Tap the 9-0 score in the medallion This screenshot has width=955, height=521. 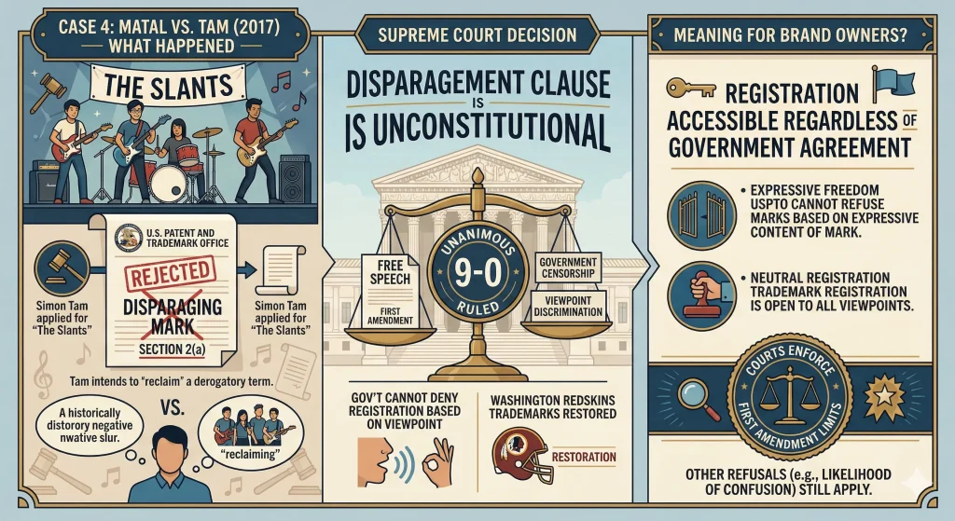click(477, 274)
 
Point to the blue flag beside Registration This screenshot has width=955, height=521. click(893, 84)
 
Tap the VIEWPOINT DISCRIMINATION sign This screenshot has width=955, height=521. click(568, 305)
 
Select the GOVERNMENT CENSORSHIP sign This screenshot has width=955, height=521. click(568, 267)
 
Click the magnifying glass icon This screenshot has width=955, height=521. click(697, 398)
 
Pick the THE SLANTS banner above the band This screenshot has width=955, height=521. click(168, 85)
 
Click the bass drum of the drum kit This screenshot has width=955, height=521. click(168, 183)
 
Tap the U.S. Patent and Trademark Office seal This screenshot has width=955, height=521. click(129, 237)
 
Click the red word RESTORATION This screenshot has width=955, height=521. click(584, 457)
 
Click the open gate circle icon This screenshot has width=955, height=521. click(701, 215)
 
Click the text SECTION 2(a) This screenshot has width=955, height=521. click(172, 350)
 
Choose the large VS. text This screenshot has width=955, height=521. click(173, 406)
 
